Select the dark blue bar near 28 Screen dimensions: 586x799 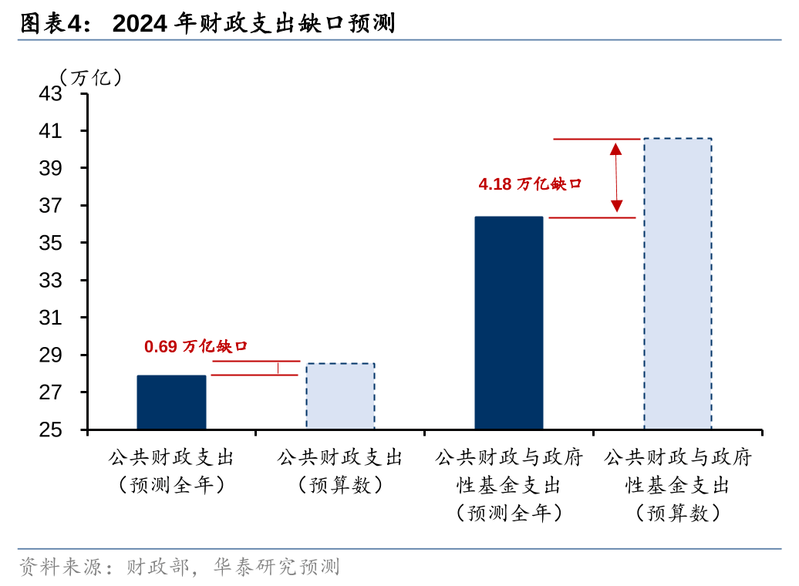(x=171, y=402)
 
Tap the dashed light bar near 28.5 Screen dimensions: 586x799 (x=340, y=396)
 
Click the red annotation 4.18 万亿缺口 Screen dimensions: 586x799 (x=529, y=184)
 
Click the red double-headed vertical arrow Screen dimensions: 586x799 (x=616, y=177)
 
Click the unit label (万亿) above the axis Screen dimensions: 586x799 (x=90, y=77)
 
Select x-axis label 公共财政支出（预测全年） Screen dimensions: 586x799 (x=171, y=471)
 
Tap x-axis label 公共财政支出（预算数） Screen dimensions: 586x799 (x=340, y=471)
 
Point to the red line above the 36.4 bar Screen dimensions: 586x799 (x=592, y=218)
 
